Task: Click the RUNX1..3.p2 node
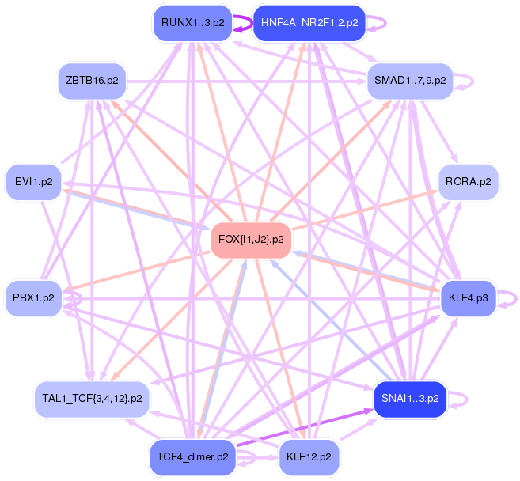tap(192, 23)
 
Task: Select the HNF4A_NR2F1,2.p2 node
tap(309, 23)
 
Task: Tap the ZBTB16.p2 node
tap(93, 81)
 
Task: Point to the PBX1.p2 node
tap(33, 297)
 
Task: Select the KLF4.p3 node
tap(468, 297)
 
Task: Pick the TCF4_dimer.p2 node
tap(192, 457)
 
